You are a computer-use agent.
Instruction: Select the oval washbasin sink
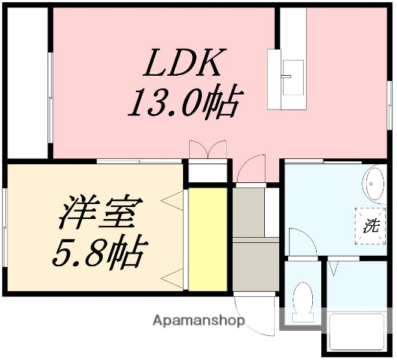point(371,183)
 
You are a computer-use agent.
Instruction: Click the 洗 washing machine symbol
point(371,223)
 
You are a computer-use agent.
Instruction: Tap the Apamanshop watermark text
point(198,320)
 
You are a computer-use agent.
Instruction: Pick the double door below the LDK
point(207,149)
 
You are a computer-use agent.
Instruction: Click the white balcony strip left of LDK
point(28,82)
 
